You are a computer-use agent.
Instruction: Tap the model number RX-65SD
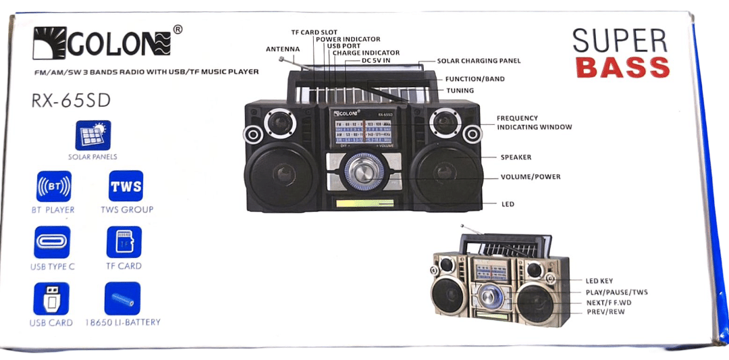coord(71,101)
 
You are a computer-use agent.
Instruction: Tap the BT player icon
coord(53,187)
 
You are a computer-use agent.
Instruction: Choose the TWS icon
coord(126,187)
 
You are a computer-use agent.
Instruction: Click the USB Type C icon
coord(52,242)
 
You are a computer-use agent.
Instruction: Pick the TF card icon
coord(124,242)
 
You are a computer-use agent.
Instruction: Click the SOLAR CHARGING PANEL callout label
coord(479,61)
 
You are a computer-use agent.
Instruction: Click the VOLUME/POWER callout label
coord(530,177)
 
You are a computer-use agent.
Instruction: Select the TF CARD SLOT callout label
coord(314,32)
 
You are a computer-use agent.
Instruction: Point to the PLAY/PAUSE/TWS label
coord(616,292)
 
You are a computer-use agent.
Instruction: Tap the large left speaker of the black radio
coord(283,176)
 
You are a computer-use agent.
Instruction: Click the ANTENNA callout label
coord(282,49)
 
